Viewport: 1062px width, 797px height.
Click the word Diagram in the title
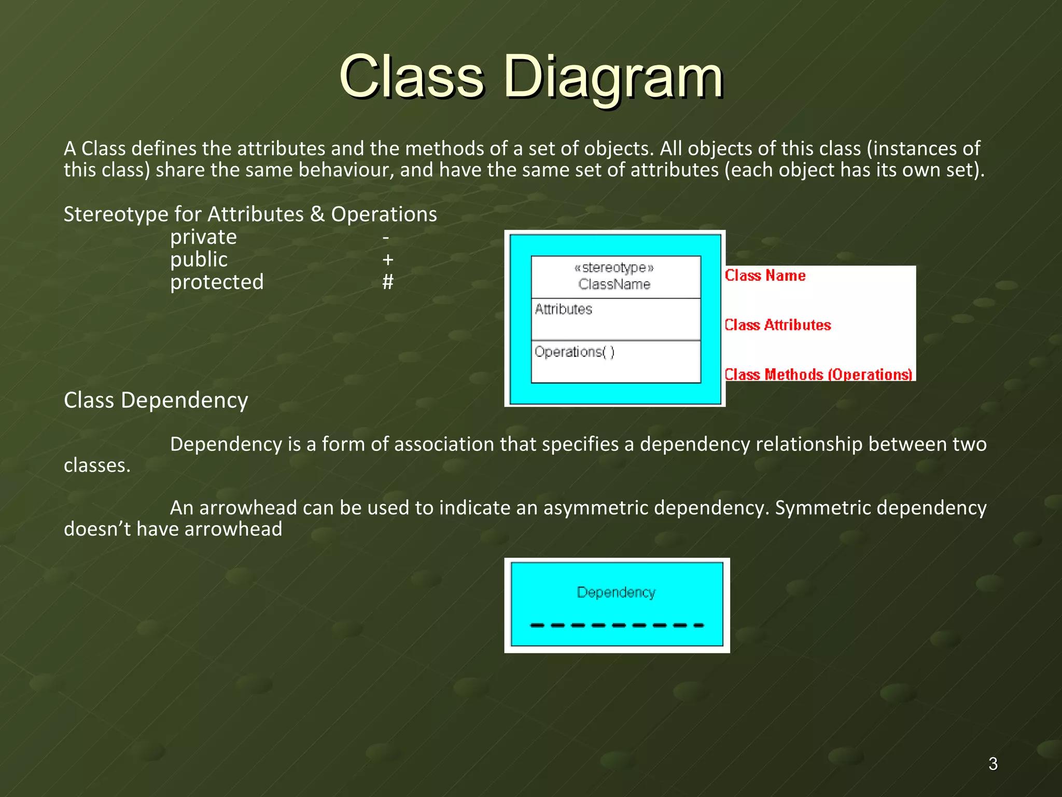pos(613,78)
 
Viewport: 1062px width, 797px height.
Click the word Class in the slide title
pos(412,78)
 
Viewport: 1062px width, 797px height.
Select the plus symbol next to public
pos(387,259)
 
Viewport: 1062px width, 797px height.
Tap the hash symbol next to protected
pos(387,282)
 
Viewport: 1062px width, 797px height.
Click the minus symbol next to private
pos(386,238)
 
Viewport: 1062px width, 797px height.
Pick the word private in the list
pos(203,238)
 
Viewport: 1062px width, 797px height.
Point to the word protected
pos(217,282)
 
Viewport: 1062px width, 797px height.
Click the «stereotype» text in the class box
pos(614,268)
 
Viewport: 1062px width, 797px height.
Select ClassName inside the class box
pos(614,284)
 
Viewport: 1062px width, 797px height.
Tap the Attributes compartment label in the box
pos(563,309)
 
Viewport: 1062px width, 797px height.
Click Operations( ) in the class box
pos(575,352)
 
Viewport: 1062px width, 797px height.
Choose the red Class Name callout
pos(765,276)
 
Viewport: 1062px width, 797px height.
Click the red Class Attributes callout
pos(777,325)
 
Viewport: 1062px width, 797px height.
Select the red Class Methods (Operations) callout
pos(818,375)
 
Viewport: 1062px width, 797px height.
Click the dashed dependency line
pos(617,625)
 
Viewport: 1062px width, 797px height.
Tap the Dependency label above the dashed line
pos(616,593)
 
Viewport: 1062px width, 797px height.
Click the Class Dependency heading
pos(156,401)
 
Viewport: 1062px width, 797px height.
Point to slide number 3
pos(993,764)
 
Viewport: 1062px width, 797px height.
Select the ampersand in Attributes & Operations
pos(317,214)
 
